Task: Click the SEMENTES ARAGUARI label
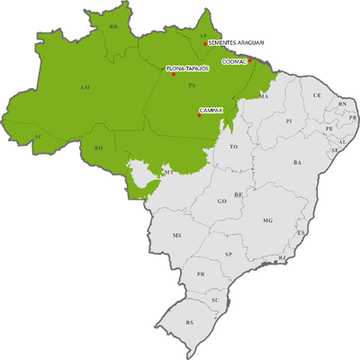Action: (237, 42)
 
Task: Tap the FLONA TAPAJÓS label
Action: (188, 68)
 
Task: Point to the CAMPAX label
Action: (211, 109)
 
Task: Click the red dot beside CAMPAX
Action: (199, 115)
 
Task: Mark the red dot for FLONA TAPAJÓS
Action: (173, 74)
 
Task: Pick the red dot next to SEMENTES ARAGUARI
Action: (205, 42)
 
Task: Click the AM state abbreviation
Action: (85, 88)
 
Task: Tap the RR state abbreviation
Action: (113, 29)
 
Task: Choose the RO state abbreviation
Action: (100, 147)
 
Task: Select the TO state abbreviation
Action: (234, 146)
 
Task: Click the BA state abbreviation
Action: (297, 163)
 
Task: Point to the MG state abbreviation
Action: (267, 220)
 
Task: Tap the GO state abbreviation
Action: (221, 201)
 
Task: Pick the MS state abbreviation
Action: (177, 236)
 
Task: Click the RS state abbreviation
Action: (189, 321)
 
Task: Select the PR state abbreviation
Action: (202, 274)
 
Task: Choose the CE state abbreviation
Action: (317, 94)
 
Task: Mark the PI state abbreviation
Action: (288, 120)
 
